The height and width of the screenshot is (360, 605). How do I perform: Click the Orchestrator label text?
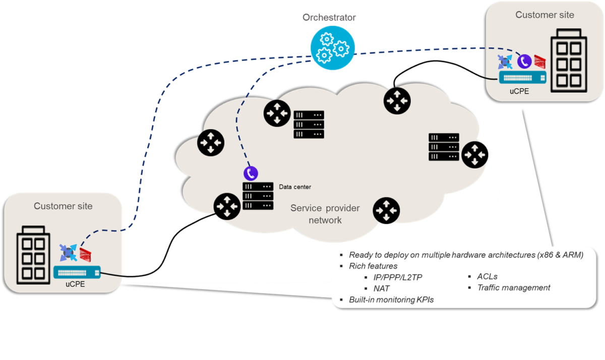(x=329, y=18)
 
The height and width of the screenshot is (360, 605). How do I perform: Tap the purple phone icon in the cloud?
(x=251, y=173)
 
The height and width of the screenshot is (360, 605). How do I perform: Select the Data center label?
(x=295, y=187)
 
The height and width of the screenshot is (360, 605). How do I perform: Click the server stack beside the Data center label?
(x=258, y=196)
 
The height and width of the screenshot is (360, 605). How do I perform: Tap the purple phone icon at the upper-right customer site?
(x=524, y=61)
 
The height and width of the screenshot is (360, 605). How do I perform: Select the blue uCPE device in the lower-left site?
(x=77, y=273)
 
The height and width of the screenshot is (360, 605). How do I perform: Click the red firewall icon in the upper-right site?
(x=540, y=61)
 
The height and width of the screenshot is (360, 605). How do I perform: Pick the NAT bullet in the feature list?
(x=381, y=289)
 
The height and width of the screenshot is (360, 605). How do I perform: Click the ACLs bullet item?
(x=487, y=276)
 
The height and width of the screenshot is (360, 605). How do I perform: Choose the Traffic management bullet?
(x=513, y=288)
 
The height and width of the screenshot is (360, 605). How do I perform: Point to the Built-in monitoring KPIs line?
(x=391, y=299)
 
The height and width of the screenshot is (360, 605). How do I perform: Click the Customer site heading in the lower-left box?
(x=63, y=206)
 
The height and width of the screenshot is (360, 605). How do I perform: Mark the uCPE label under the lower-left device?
(x=75, y=285)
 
